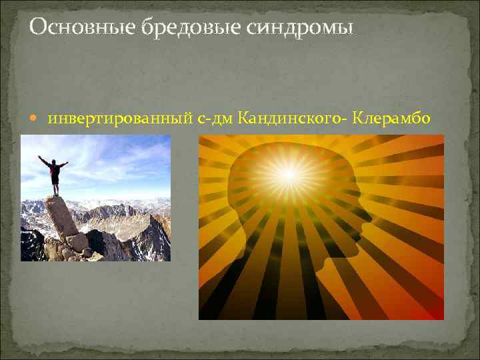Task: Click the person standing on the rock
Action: (55, 173)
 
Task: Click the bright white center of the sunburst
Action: (288, 175)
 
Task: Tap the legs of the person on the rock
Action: (55, 187)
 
